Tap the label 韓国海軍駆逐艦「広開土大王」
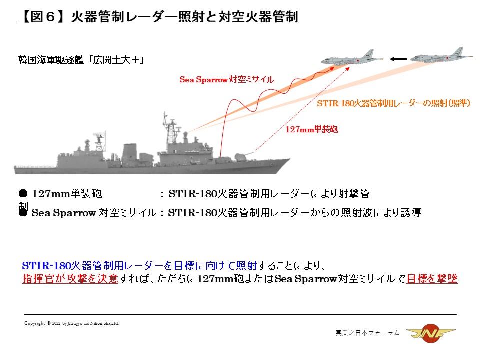(x=81, y=60)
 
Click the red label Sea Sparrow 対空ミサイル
(x=227, y=80)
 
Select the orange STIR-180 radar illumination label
(x=393, y=103)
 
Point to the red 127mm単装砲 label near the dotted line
(x=311, y=129)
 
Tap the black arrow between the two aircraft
(x=398, y=59)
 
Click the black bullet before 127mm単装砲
(x=23, y=193)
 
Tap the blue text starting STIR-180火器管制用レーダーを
(x=139, y=265)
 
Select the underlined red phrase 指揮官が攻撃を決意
(x=70, y=279)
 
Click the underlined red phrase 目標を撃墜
(x=432, y=279)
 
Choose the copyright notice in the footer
(x=71, y=323)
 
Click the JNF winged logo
(x=431, y=333)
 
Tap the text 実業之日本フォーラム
(x=367, y=333)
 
